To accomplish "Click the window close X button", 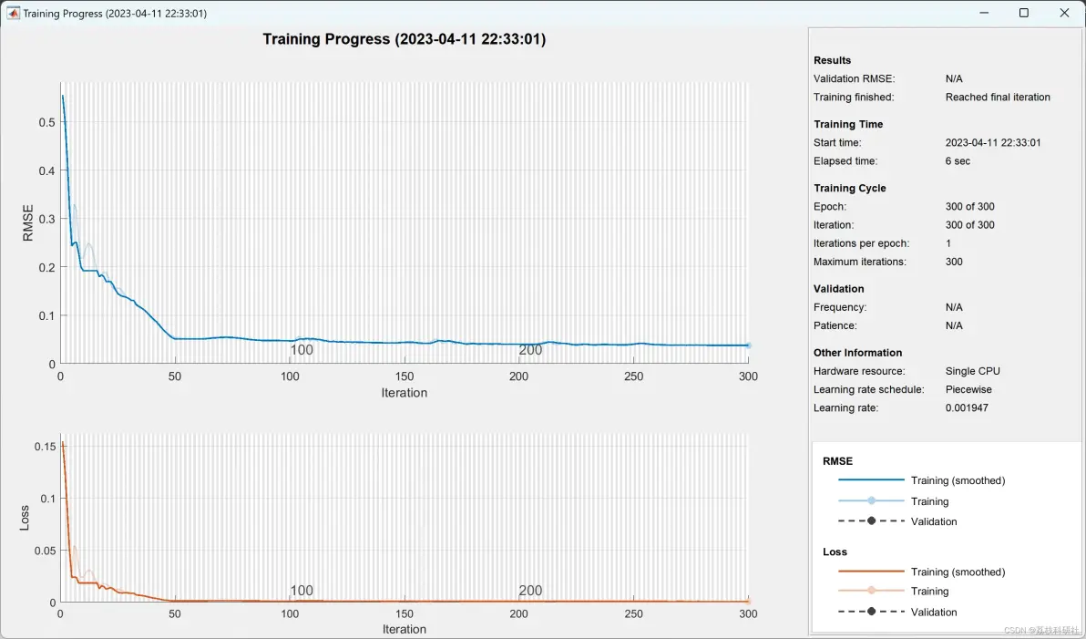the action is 1064,13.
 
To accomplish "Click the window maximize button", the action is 1024,13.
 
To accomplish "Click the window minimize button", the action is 984,13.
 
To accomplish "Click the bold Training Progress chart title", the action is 404,39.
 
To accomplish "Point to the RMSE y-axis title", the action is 27,222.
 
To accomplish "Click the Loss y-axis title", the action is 25,518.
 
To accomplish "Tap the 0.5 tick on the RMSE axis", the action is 47,123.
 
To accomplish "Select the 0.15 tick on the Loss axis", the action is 45,447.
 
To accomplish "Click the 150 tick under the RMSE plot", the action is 405,376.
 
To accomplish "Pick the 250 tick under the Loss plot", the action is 634,613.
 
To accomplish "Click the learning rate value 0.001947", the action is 967,407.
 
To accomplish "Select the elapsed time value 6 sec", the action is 958,160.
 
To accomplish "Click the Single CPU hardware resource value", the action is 972,371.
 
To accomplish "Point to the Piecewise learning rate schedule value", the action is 968,389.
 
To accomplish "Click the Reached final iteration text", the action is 998,97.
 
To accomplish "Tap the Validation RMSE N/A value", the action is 954,79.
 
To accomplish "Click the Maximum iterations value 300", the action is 954,262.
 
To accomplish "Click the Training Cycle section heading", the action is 850,189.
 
